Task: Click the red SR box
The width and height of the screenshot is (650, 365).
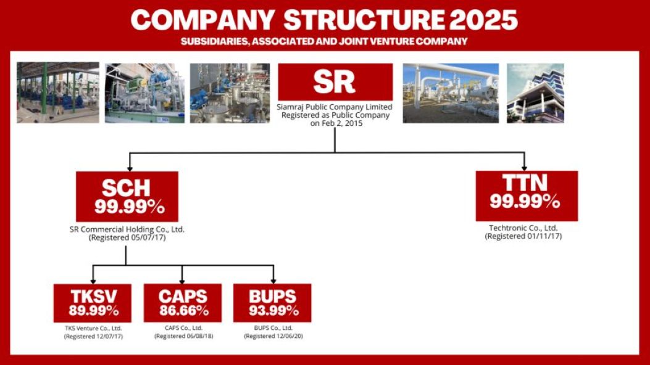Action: coord(335,81)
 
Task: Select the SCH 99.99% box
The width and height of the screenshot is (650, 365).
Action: coord(127,197)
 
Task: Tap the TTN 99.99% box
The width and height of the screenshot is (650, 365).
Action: coord(527,195)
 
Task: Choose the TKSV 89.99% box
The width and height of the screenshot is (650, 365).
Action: coord(93,303)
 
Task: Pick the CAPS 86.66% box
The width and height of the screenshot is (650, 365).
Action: coord(183,303)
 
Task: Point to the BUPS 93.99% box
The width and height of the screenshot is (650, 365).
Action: coord(272,303)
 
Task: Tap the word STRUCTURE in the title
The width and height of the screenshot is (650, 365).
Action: coord(364,20)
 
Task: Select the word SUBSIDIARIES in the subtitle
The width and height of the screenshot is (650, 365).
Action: coord(215,41)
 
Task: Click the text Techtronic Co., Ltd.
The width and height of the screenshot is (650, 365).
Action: coord(523,228)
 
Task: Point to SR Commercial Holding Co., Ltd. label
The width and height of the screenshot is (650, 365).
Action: coord(127,229)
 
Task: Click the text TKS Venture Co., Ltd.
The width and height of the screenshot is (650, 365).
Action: coord(93,328)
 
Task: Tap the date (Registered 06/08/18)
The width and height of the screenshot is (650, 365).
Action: coord(183,336)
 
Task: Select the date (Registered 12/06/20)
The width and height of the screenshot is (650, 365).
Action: coord(273,336)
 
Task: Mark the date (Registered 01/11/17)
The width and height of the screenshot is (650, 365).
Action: coord(523,236)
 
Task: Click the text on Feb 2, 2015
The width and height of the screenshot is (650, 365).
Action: coord(336,123)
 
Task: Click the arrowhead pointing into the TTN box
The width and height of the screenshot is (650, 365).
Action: coord(525,168)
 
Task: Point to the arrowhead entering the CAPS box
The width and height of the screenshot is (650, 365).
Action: coord(182,281)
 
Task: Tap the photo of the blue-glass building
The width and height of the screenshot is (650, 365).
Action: coord(535,93)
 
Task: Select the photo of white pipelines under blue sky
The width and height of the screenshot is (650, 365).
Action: coord(451,93)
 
